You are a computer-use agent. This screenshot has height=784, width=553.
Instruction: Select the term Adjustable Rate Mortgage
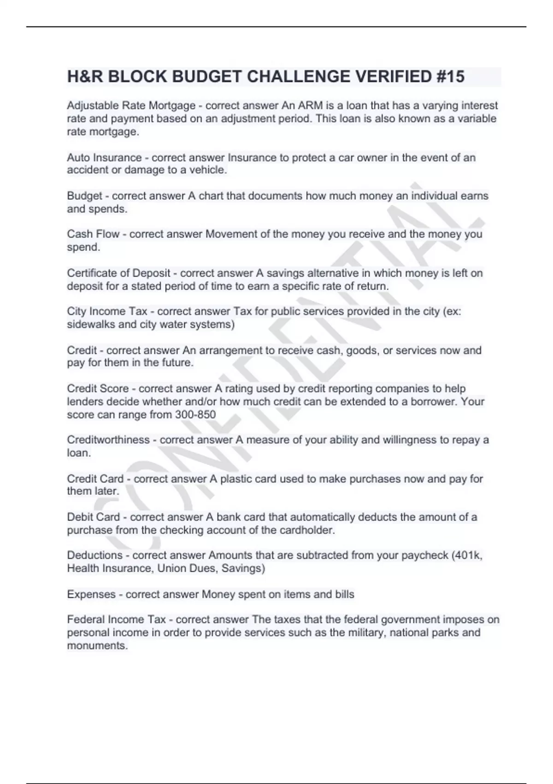tap(131, 106)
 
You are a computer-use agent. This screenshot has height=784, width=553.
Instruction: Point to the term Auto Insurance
tap(104, 158)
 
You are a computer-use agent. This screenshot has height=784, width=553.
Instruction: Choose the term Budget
tap(84, 196)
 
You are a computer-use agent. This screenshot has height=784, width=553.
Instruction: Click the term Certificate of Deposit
tap(118, 273)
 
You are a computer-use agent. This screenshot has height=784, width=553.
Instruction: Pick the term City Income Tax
tap(107, 311)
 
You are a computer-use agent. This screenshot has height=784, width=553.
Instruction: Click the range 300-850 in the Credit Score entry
tap(195, 415)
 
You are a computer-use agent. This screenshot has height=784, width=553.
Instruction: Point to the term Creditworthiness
tap(108, 440)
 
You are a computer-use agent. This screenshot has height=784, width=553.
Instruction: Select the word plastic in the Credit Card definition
tap(237, 479)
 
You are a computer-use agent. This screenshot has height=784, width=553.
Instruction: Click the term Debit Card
tap(94, 517)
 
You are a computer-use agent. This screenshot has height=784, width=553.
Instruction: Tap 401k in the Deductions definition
tap(469, 555)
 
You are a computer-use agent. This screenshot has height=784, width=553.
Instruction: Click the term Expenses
tap(91, 594)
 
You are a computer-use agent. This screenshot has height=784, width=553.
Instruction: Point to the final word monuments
tap(97, 646)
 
